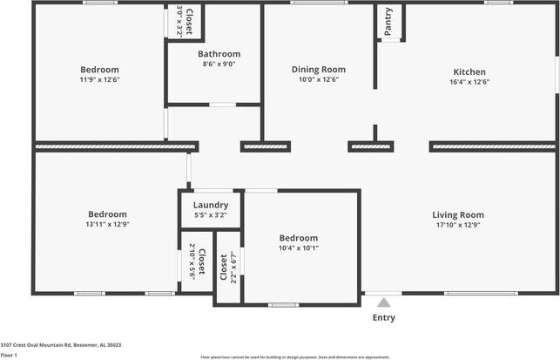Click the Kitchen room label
tap(469, 72)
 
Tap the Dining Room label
tap(318, 70)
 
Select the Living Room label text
tap(457, 214)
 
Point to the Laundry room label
tap(211, 205)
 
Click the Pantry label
tap(388, 22)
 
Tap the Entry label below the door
tap(383, 318)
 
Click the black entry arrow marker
tap(383, 302)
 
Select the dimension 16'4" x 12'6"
tap(469, 82)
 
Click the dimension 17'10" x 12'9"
tap(457, 225)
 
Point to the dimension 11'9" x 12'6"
tap(99, 80)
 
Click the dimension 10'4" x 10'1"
tap(298, 248)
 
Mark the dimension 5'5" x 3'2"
tap(211, 214)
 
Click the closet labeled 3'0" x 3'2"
tap(185, 21)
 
